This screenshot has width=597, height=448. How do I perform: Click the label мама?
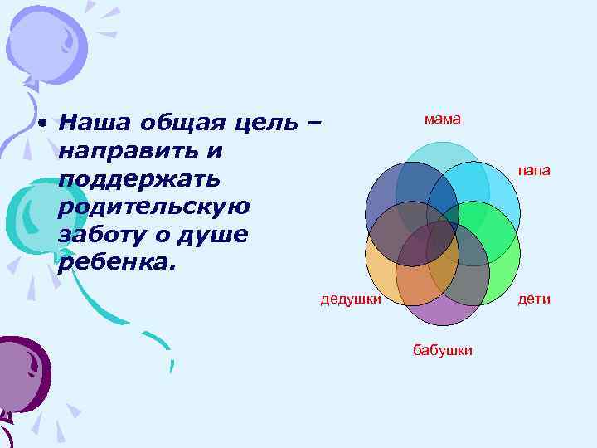(442, 119)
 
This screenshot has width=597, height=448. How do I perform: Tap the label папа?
(534, 170)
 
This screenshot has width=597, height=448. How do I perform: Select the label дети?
(534, 299)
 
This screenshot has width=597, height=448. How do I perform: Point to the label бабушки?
(443, 350)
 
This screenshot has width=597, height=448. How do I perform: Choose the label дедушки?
(351, 299)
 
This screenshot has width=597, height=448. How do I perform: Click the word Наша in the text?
(95, 124)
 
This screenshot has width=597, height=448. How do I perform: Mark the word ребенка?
(117, 261)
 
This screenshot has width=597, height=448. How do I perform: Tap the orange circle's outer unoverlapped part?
(379, 270)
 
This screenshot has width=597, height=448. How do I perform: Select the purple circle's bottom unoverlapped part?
(443, 313)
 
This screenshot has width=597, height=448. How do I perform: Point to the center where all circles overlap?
(443, 233)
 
